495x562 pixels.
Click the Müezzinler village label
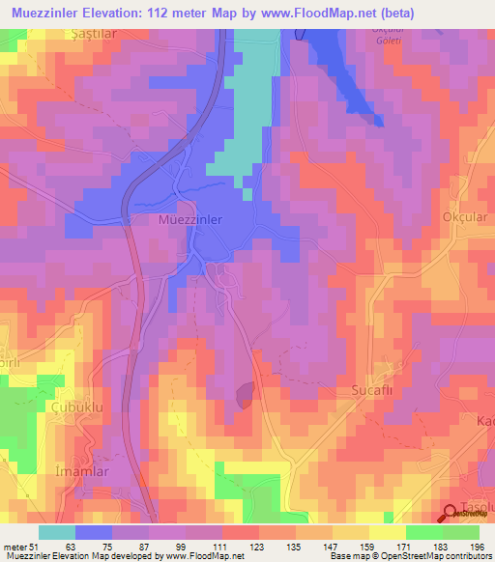(189, 220)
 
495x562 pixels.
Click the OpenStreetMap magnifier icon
(451, 514)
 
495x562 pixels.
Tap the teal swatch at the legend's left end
(57, 532)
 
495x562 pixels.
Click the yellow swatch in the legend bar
(350, 532)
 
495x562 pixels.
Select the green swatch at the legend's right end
(460, 532)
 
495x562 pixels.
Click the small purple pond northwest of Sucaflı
(246, 392)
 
